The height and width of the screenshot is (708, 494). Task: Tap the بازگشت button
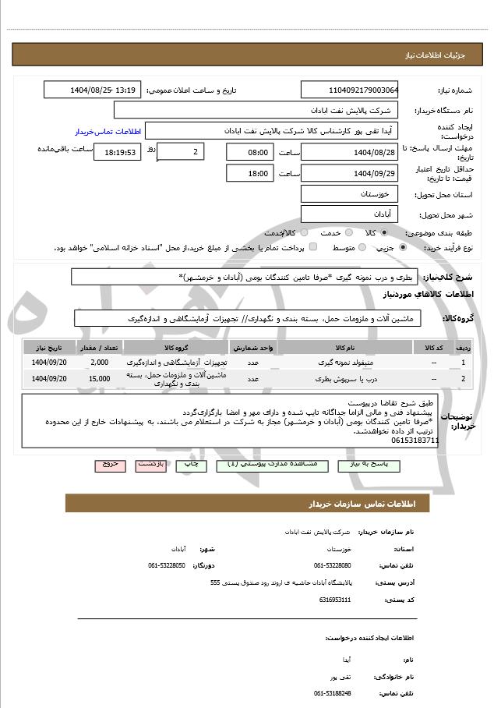(151, 465)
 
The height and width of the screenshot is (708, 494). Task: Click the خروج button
(110, 465)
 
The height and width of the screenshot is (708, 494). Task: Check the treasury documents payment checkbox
(312, 248)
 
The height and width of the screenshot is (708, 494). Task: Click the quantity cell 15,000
(99, 379)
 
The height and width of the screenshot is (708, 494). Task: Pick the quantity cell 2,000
(99, 363)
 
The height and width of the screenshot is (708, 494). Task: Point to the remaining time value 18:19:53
(119, 152)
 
